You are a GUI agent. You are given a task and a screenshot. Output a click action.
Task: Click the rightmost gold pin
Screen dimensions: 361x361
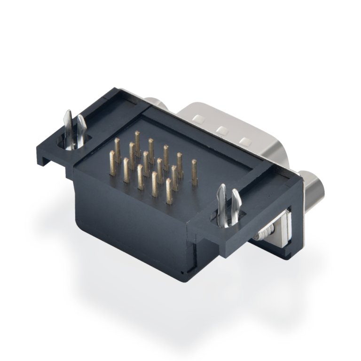[194, 170]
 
